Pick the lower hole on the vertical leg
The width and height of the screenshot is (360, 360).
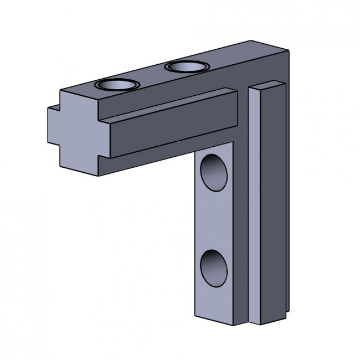click(x=214, y=267)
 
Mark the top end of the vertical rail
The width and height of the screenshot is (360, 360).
click(x=269, y=86)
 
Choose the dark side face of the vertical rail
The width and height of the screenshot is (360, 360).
click(x=274, y=205)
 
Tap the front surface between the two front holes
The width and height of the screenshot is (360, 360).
click(x=214, y=219)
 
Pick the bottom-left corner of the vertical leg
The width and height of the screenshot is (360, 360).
click(x=195, y=315)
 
